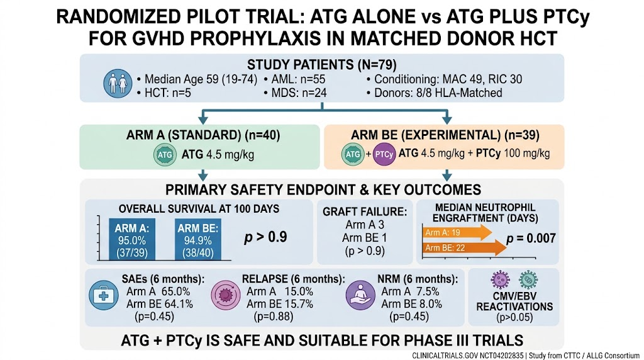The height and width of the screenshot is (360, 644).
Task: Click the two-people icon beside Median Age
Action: [118, 84]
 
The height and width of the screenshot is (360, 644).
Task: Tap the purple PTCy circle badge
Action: [384, 155]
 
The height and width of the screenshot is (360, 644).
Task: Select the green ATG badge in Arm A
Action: [165, 155]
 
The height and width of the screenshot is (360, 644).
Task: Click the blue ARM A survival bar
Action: [132, 239]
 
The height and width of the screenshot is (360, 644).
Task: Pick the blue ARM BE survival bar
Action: [198, 239]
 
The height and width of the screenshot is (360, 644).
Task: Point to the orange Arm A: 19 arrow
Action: [457, 233]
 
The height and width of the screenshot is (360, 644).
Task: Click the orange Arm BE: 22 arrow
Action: [465, 248]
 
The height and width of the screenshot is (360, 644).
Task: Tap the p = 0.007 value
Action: [531, 239]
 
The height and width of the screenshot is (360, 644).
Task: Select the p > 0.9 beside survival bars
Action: [265, 237]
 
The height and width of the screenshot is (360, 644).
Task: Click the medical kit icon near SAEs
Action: [104, 295]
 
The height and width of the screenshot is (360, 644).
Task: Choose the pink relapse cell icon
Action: [226, 295]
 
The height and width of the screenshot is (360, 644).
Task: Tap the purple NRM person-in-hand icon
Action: [360, 295]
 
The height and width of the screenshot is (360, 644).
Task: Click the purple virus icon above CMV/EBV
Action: [500, 280]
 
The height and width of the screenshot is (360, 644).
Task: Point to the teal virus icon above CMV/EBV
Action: [528, 280]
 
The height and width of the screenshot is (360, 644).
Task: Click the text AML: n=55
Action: [298, 79]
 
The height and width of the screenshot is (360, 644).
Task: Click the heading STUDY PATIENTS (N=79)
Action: [321, 65]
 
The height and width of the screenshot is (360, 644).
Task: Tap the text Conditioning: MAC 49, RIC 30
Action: [448, 79]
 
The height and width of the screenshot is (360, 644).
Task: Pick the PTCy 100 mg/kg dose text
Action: [513, 154]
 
